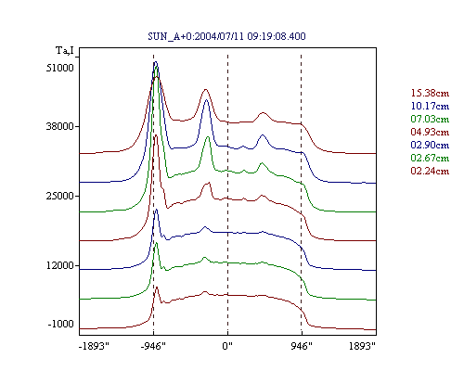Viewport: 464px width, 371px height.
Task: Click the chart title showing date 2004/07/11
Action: coord(226,36)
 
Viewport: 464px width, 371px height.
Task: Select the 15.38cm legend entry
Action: coord(430,93)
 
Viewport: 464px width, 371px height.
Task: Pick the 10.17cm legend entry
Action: coord(430,106)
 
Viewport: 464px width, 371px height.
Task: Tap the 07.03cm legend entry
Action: coord(430,119)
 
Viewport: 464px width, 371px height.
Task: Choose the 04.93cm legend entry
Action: coord(430,132)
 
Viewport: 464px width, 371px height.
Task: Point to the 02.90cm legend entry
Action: coord(430,145)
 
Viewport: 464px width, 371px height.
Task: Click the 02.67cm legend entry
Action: coord(430,158)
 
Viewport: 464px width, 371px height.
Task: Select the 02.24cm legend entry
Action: coord(430,171)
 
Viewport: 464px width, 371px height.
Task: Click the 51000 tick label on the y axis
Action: coord(60,68)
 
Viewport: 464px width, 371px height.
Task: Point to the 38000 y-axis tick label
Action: coord(60,126)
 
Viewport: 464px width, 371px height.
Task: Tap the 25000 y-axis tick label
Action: coord(60,196)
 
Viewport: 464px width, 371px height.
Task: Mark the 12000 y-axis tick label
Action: coord(60,265)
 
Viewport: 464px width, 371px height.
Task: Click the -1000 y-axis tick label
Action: coord(61,324)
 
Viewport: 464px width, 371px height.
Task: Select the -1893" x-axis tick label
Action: coord(95,346)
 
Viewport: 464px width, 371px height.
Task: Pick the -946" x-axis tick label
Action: coord(153,346)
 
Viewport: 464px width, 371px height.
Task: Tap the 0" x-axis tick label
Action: coord(227,346)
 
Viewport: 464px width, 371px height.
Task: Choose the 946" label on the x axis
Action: coord(302,346)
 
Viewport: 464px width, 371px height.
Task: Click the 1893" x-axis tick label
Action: coord(362,346)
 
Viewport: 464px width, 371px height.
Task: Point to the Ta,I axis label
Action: coord(65,50)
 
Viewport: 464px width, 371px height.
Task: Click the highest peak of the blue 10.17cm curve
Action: coord(156,62)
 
